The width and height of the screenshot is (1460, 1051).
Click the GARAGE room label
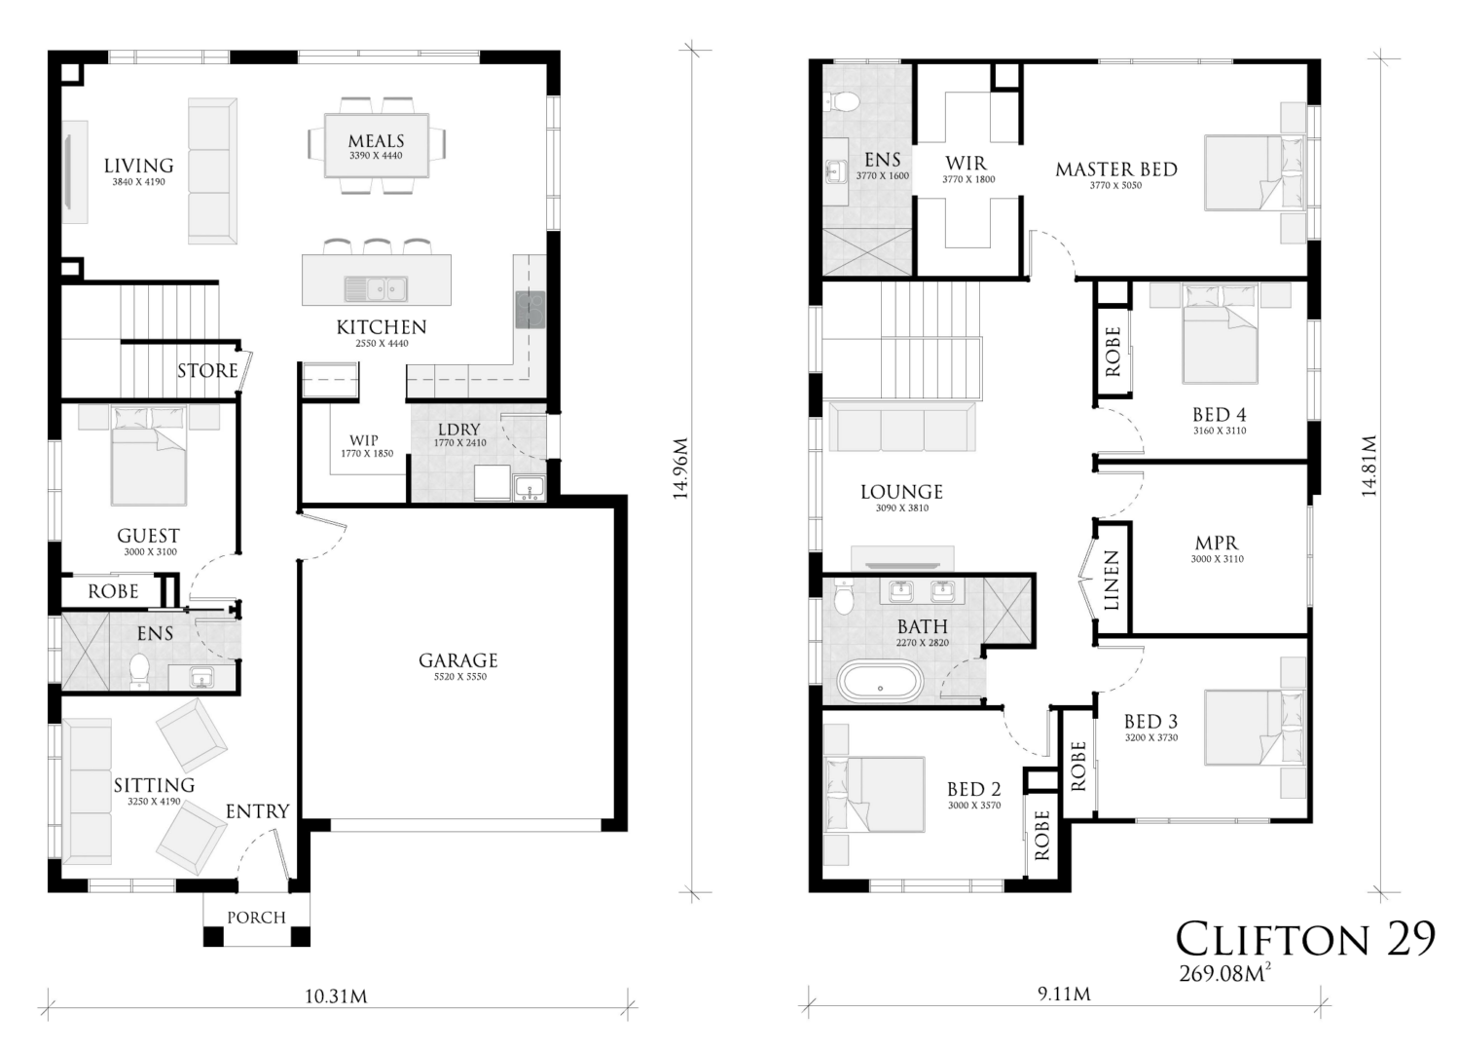click(458, 660)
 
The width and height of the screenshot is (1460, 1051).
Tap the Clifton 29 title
click(1305, 939)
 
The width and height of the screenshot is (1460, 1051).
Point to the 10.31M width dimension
click(336, 996)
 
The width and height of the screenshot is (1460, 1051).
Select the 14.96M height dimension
click(681, 469)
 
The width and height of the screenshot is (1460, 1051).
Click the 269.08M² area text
click(1224, 973)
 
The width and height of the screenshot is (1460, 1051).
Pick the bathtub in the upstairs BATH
click(881, 681)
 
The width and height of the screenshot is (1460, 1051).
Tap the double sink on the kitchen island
click(376, 288)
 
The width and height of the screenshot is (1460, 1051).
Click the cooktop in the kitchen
click(529, 309)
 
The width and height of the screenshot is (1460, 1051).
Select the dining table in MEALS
click(377, 145)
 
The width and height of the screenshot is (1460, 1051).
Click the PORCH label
click(257, 918)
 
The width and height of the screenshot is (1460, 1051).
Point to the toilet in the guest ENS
click(139, 672)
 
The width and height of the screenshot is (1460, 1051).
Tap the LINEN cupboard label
click(1112, 581)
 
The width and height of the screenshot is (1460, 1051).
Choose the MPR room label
click(1217, 543)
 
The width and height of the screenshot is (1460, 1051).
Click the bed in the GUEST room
click(149, 455)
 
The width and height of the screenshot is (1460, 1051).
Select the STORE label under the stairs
click(208, 370)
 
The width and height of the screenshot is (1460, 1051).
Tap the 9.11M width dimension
click(1064, 994)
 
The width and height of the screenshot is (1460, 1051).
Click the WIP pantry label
click(364, 440)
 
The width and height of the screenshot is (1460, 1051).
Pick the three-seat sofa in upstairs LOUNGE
click(902, 427)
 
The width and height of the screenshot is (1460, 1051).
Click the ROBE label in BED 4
click(1113, 352)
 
